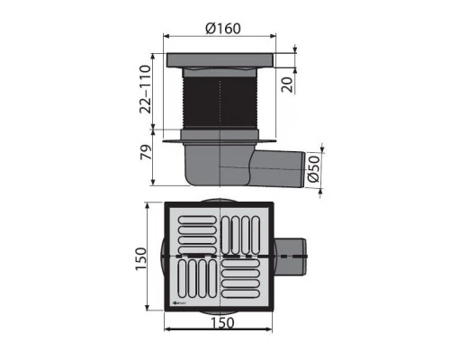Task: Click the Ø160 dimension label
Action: pos(221,27)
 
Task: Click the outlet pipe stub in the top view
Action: pos(290,256)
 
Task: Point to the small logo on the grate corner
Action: pos(177,304)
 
